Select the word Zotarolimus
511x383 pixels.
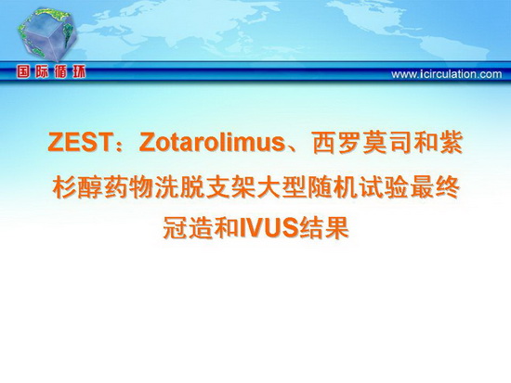click(212, 142)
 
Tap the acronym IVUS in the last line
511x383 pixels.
click(269, 227)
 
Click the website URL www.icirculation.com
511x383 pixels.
click(447, 74)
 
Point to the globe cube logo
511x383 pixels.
click(47, 34)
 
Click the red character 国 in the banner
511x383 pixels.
click(23, 72)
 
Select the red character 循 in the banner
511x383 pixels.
click(60, 72)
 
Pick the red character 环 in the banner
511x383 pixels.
click(78, 72)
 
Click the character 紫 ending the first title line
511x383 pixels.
click(451, 143)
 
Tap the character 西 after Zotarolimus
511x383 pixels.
click(324, 143)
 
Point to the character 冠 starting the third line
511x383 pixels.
click(175, 227)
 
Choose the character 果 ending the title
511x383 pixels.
click(336, 227)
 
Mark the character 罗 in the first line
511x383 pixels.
click(349, 143)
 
